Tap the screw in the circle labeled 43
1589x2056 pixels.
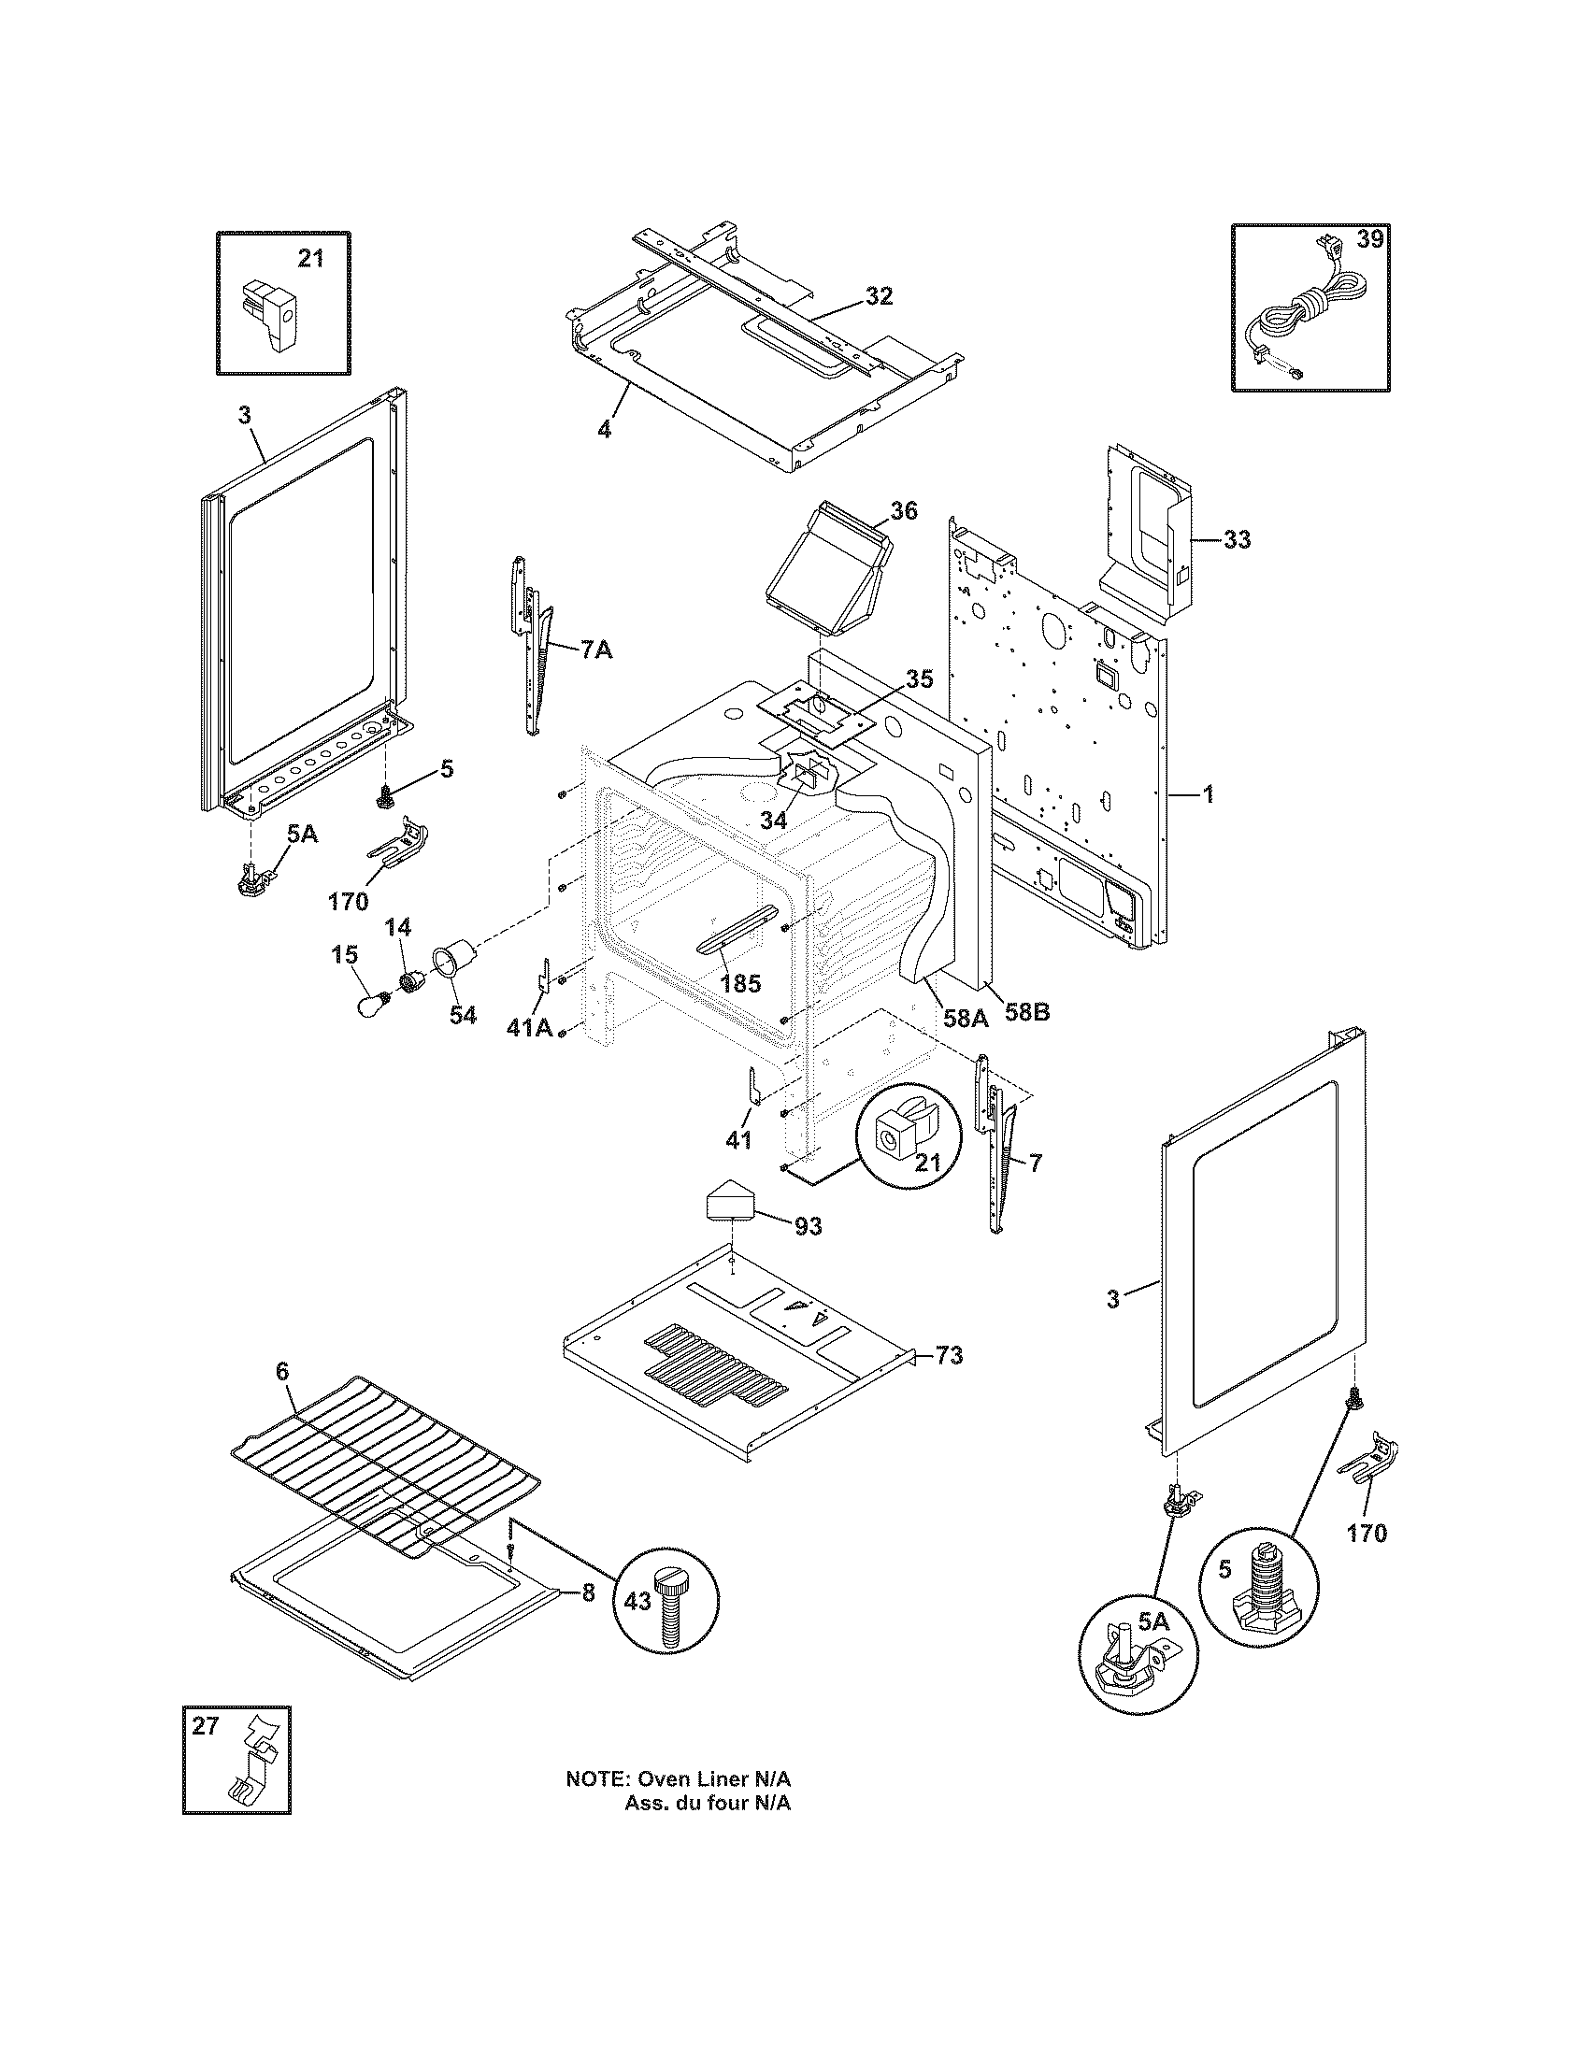[671, 1610]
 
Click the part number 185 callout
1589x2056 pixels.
[740, 985]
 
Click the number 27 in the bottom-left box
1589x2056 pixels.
[206, 1725]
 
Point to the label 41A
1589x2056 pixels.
[529, 1028]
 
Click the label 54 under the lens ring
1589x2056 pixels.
[462, 1016]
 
